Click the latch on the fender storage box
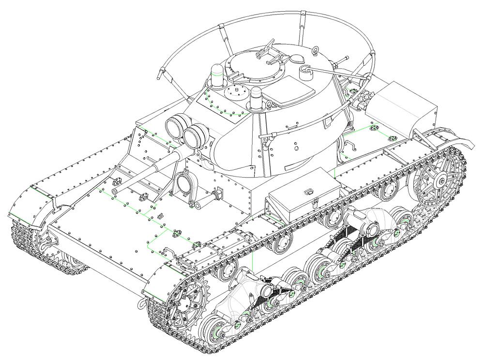click(308, 194)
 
